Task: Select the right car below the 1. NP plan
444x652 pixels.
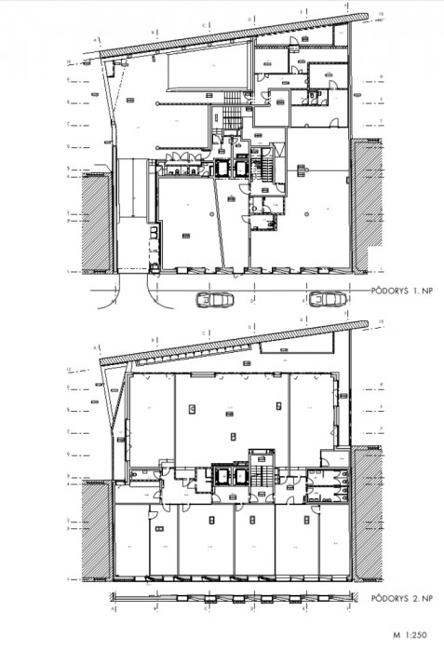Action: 326,299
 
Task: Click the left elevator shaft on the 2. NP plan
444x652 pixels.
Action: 223,476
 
